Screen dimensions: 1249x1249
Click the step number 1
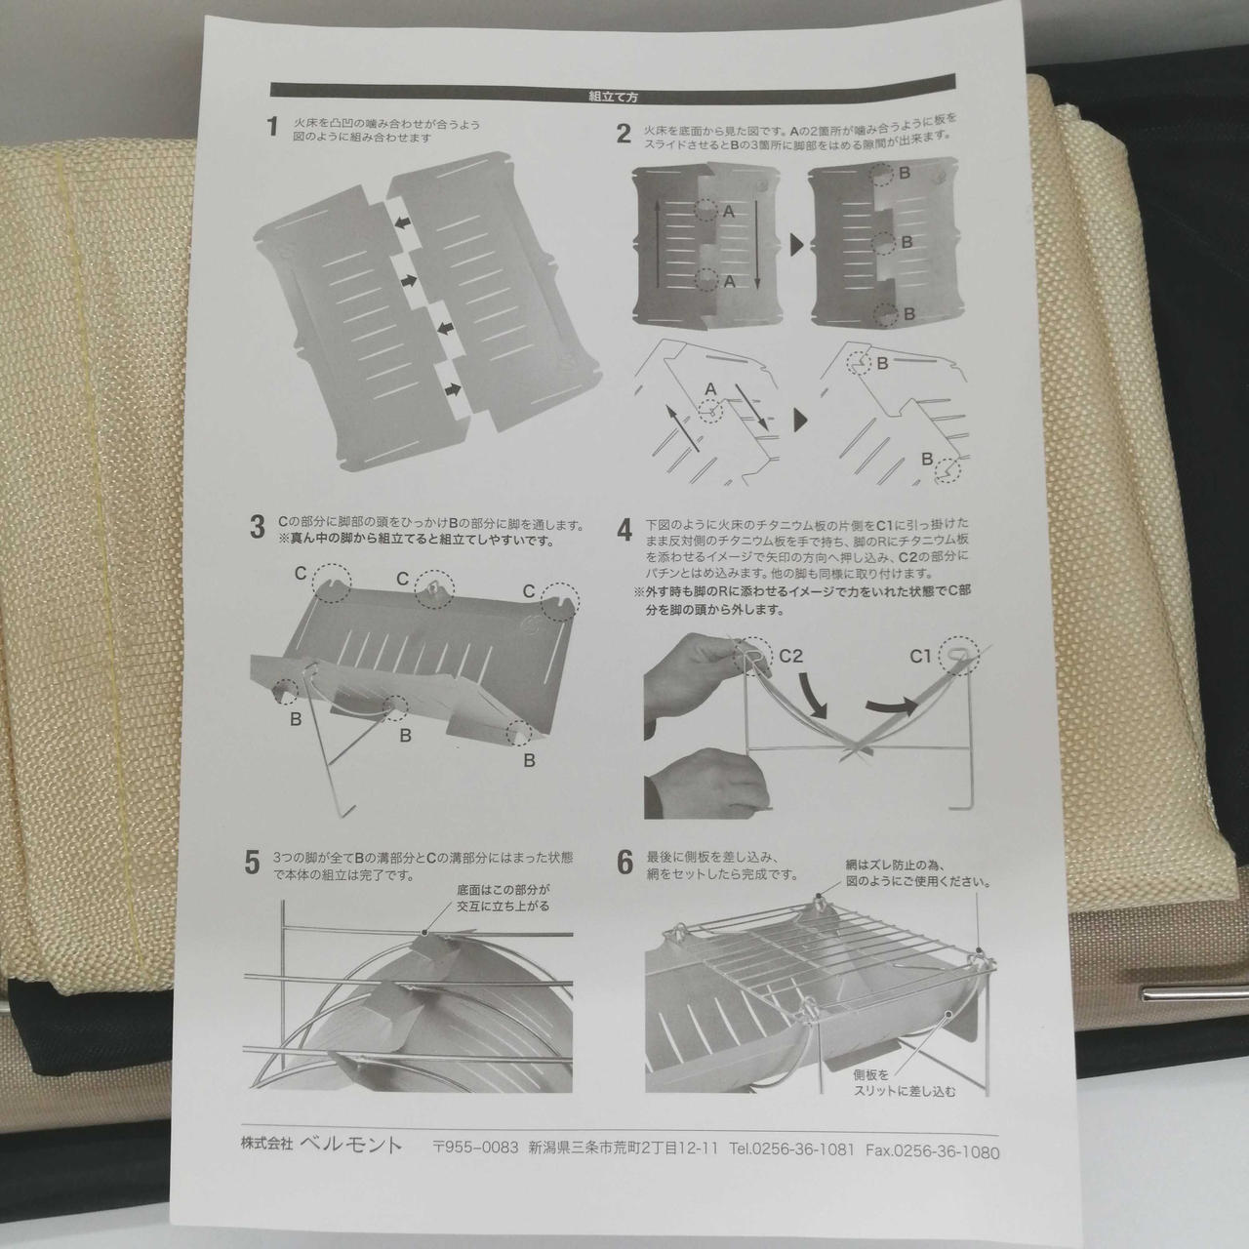(273, 128)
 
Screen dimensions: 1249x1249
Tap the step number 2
(624, 134)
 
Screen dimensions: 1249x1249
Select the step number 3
(258, 527)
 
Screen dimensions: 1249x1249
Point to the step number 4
(624, 531)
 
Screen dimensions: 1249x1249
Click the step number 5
(252, 864)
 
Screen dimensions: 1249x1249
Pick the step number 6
(624, 863)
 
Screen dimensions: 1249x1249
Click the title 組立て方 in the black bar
(613, 97)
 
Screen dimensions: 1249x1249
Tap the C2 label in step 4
(790, 657)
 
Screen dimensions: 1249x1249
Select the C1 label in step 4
(920, 657)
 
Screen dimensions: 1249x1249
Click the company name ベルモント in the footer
(350, 1146)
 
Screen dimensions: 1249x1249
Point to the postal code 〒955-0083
(476, 1148)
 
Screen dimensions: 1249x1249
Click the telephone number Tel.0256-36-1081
(791, 1149)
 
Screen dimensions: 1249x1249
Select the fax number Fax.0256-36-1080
(933, 1151)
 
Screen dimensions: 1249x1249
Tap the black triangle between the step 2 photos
(796, 245)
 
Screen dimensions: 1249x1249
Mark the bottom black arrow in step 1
(453, 389)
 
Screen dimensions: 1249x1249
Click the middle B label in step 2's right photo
(907, 242)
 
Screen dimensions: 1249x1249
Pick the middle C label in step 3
(402, 579)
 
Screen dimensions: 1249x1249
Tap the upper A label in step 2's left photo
(728, 212)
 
